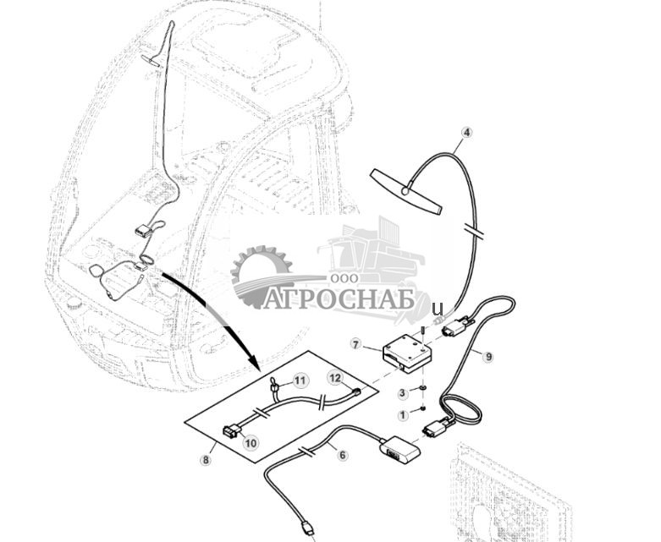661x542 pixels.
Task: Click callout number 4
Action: [466, 132]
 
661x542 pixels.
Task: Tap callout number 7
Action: [355, 345]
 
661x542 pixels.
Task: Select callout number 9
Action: [488, 357]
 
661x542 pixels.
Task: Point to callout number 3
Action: [403, 393]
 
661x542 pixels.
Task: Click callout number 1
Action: [403, 415]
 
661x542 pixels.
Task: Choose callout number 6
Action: [343, 455]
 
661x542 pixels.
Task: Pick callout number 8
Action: [206, 460]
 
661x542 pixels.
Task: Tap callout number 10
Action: [251, 443]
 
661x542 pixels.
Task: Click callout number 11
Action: [300, 381]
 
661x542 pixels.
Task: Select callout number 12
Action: [335, 378]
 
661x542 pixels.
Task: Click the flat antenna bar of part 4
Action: [406, 192]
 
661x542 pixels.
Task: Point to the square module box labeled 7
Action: [407, 353]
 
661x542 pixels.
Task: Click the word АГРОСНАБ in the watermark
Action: [339, 298]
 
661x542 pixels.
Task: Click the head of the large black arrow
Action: [252, 361]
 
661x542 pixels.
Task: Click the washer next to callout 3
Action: [423, 387]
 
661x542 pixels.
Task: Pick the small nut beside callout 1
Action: [423, 408]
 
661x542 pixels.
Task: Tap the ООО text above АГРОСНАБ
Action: [344, 278]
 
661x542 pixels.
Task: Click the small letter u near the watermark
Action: [438, 309]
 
